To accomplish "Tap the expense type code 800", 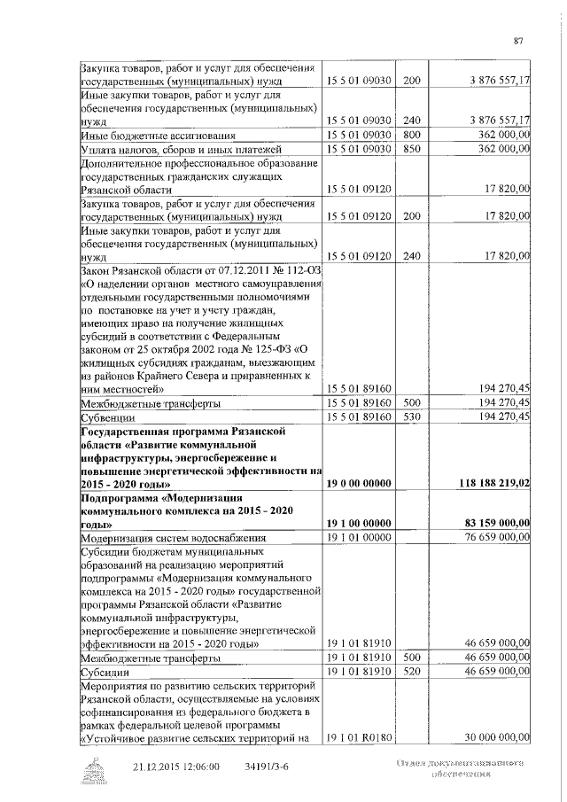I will coord(411,135).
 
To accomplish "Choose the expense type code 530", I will coord(411,416).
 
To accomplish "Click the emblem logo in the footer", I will coord(92,768).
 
